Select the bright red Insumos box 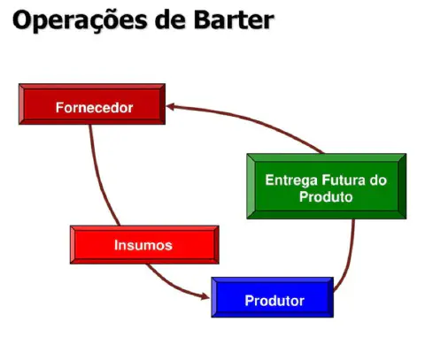(x=143, y=244)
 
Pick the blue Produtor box (x=273, y=298)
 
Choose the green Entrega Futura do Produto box (x=326, y=186)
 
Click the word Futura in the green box (x=340, y=180)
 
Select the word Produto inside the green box (x=326, y=196)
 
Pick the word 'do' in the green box (x=378, y=180)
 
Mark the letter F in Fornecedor (x=58, y=108)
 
